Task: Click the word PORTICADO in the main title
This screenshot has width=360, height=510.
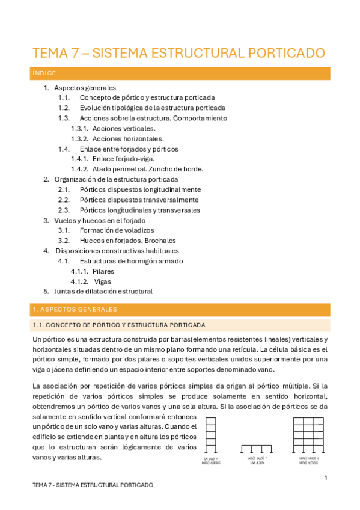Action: click(x=281, y=52)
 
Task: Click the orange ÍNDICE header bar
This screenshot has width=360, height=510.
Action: click(x=180, y=73)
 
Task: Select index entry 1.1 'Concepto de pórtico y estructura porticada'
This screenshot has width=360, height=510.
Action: click(x=147, y=97)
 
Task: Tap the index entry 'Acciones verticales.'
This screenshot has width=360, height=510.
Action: click(x=124, y=128)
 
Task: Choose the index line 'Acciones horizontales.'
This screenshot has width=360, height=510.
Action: click(x=128, y=138)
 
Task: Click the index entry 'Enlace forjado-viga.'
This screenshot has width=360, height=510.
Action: click(x=123, y=159)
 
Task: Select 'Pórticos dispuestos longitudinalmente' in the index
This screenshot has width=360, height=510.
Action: click(x=140, y=189)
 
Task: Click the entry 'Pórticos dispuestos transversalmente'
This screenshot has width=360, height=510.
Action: click(x=139, y=200)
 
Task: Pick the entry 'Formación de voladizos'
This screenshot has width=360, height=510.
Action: click(x=117, y=230)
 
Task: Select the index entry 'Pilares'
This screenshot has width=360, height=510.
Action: click(x=103, y=271)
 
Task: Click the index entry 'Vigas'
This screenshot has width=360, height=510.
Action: click(x=102, y=281)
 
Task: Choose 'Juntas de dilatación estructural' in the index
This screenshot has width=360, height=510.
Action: click(x=103, y=292)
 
